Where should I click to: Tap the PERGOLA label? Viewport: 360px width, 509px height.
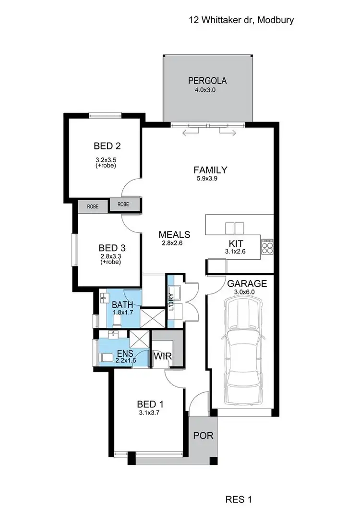[x=207, y=81]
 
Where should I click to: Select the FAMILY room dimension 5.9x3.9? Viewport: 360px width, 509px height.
[x=210, y=179]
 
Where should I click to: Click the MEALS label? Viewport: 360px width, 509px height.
[x=175, y=235]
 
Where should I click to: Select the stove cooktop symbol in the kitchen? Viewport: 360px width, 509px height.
[x=267, y=246]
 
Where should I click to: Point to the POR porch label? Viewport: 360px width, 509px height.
[x=203, y=436]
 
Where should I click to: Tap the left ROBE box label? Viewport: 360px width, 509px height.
[x=93, y=206]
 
